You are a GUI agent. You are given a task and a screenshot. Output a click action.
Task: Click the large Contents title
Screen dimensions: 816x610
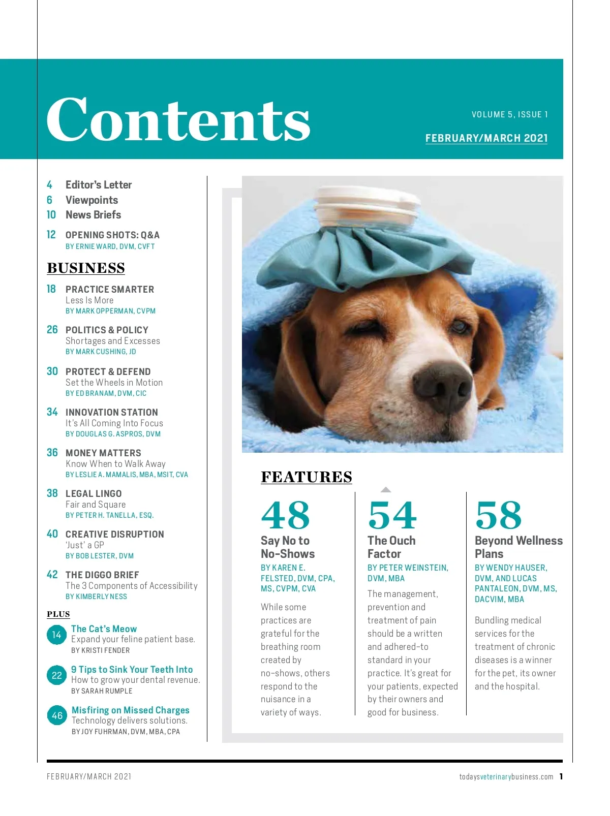pyautogui.click(x=178, y=119)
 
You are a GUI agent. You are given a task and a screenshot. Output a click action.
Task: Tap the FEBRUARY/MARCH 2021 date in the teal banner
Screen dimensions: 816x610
pyautogui.click(x=486, y=138)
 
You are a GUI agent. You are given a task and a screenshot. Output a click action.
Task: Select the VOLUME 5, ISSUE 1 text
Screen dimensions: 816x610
pyautogui.click(x=509, y=115)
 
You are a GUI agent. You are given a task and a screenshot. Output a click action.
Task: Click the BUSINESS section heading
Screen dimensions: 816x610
pyautogui.click(x=86, y=268)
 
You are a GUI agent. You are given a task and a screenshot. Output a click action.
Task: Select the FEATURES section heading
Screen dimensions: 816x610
pyautogui.click(x=306, y=477)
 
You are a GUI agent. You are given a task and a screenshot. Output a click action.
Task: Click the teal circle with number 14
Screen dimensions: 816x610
pyautogui.click(x=56, y=635)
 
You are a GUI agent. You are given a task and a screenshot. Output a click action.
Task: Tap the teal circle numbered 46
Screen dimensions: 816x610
pyautogui.click(x=57, y=715)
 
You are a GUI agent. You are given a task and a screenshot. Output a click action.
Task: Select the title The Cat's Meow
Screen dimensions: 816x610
pyautogui.click(x=104, y=629)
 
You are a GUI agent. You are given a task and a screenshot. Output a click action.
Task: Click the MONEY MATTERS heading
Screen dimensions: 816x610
pyautogui.click(x=103, y=453)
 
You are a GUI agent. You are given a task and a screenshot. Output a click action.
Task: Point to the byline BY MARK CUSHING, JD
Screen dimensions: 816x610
pyautogui.click(x=101, y=352)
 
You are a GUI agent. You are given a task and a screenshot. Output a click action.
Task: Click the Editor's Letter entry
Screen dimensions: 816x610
pyautogui.click(x=99, y=185)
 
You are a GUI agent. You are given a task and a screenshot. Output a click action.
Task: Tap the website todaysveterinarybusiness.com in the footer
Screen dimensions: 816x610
pyautogui.click(x=506, y=776)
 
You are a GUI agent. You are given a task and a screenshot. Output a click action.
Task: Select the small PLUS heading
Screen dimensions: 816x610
pyautogui.click(x=58, y=614)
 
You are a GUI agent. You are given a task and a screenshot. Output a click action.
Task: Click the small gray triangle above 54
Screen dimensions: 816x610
pyautogui.click(x=386, y=490)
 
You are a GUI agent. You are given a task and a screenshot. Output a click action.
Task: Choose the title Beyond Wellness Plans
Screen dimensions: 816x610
pyautogui.click(x=518, y=547)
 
